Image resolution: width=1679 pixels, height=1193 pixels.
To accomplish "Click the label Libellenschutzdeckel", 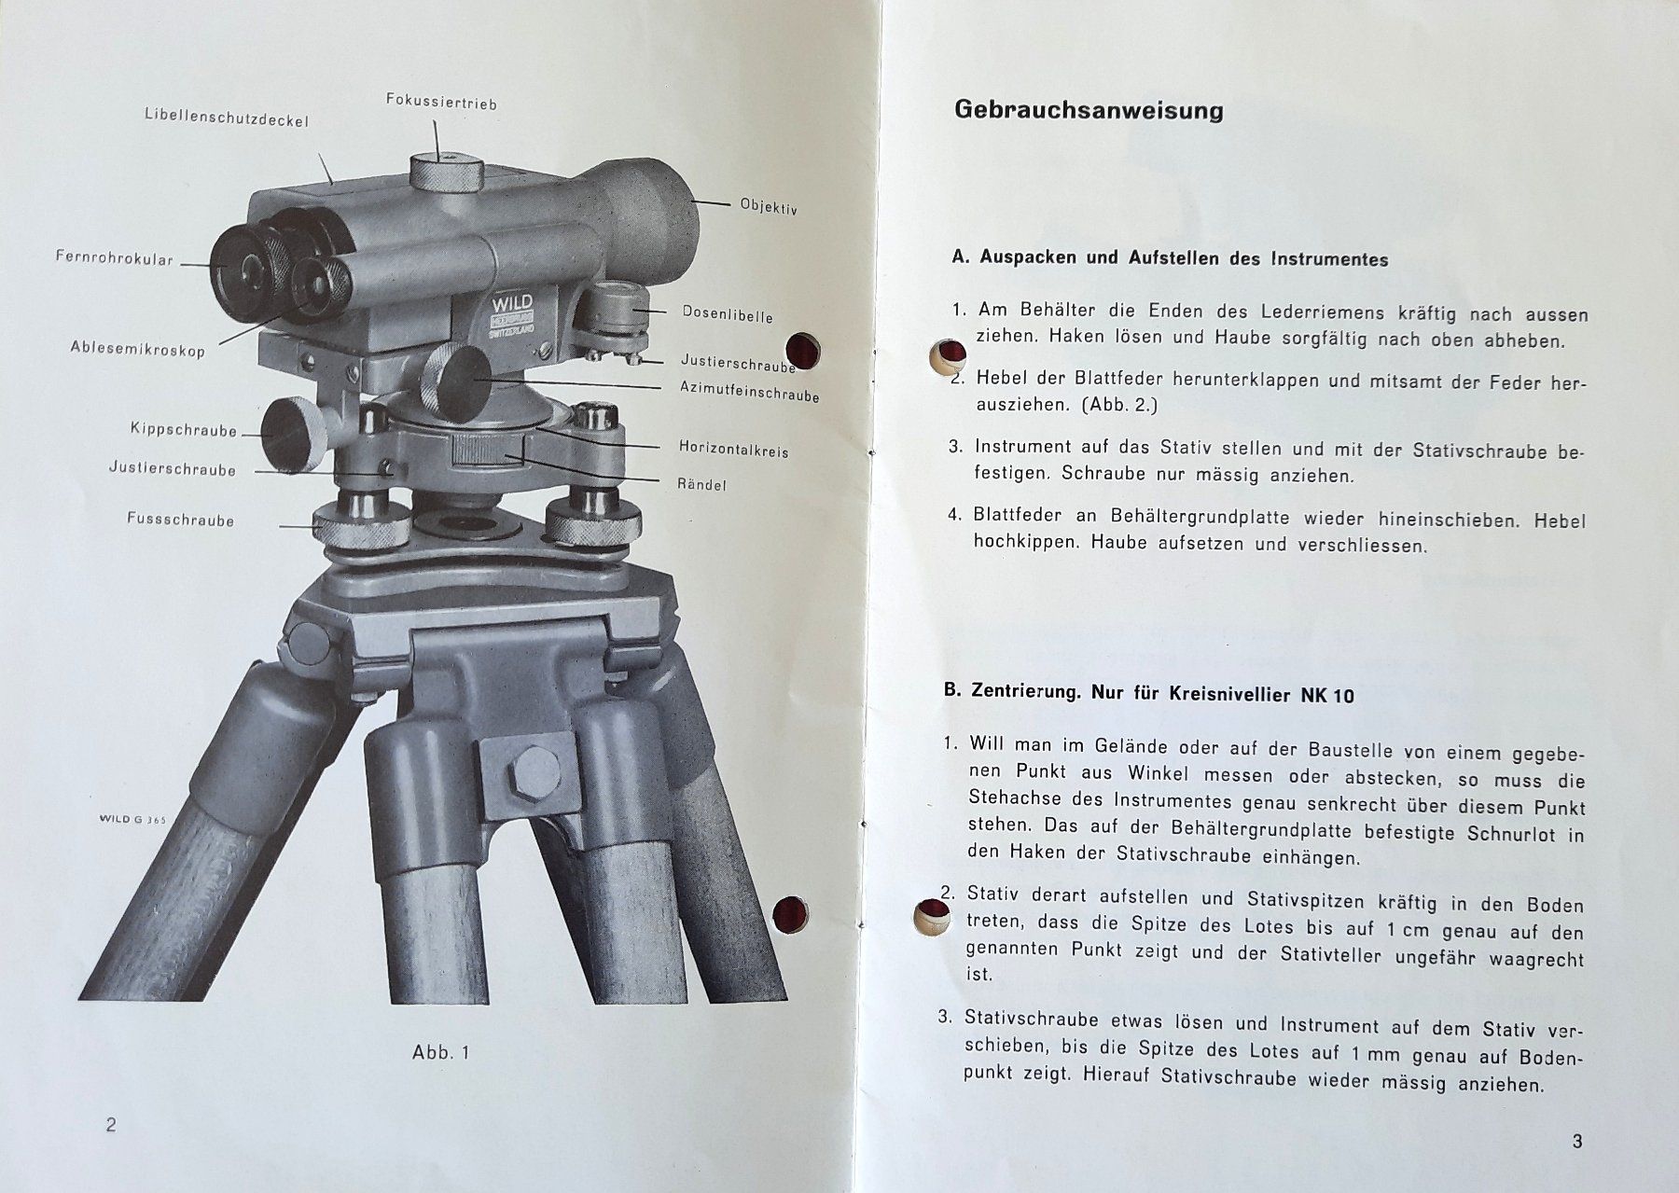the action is pos(227,118).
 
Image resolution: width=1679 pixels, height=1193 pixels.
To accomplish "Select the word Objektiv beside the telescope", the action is pos(769,207).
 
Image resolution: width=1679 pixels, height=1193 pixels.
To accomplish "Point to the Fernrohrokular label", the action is pos(115,258).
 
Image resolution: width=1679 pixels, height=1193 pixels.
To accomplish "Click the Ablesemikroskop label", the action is pos(137,347).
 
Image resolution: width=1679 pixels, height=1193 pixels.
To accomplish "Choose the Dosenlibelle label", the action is pos(728,313).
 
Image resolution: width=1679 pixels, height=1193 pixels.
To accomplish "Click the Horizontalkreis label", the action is pos(733,449).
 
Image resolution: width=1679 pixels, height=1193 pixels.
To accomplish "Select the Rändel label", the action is pos(701,484).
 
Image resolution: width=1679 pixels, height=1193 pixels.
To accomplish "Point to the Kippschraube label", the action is pos(184,430).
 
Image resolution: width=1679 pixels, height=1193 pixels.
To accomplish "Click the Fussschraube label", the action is pos(180,519).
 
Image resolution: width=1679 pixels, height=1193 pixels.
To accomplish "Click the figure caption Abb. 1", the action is pos(441,1052).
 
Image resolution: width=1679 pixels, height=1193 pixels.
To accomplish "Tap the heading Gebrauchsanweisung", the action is pos(1089,111).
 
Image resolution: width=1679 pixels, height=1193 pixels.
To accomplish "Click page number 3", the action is pos(1577,1141).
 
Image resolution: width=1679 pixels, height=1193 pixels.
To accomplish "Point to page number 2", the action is pos(111,1124).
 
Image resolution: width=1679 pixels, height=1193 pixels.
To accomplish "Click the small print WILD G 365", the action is pos(132,820).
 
